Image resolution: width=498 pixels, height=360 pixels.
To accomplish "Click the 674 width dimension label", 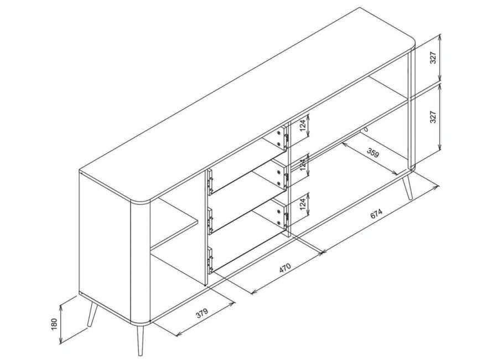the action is point(376,214).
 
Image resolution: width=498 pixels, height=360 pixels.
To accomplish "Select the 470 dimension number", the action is point(284,268).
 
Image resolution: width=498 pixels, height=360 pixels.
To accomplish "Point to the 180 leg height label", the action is point(54,324).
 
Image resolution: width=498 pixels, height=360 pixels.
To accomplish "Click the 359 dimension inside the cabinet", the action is point(373,153).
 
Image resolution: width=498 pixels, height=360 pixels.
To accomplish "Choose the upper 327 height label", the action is point(434,58).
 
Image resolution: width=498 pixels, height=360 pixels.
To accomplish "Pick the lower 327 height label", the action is point(433,117).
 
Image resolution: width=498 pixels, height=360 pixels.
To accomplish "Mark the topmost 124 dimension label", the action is point(302,126).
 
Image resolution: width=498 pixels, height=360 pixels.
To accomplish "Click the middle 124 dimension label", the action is point(302,165).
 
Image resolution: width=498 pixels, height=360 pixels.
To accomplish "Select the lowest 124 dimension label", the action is point(302,204).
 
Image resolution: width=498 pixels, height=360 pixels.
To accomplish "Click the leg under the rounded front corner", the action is point(140,340).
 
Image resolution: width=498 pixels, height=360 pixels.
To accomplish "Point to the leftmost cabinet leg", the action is point(92,314).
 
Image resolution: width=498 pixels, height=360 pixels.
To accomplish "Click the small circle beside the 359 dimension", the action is point(366,130).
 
